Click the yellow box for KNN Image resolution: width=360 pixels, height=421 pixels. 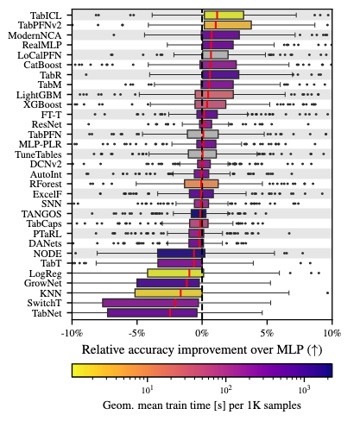coord(167,292)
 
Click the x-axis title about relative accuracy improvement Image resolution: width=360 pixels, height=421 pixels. coord(202,350)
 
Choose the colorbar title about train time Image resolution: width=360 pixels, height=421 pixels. coord(201,404)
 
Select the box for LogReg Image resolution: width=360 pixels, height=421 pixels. coord(175,273)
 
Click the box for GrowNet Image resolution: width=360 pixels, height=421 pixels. coord(168,283)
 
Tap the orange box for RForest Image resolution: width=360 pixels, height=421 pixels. coord(201,184)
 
